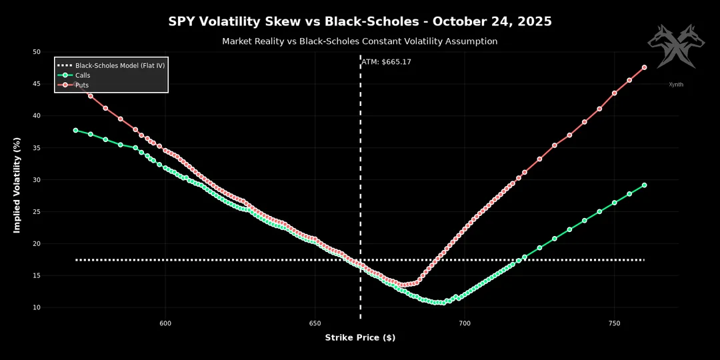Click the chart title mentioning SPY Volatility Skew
[x=360, y=21]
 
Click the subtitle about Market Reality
[x=360, y=41]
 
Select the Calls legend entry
[x=83, y=75]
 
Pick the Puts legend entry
[x=81, y=85]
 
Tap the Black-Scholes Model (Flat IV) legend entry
[x=120, y=65]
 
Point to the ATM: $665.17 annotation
[x=386, y=62]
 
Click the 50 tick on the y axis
[x=36, y=52]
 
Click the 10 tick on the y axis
[x=36, y=307]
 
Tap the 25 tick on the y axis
[x=36, y=211]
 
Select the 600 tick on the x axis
[x=165, y=323]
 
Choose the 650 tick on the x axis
[x=315, y=323]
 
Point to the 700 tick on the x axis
[x=465, y=323]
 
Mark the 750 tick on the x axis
[x=615, y=323]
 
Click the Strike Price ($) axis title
[x=360, y=338]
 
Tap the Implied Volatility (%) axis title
[x=18, y=186]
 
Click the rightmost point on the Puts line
[x=644, y=67]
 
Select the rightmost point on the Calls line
[x=644, y=185]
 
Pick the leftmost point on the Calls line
[x=75, y=130]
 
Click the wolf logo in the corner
[x=675, y=47]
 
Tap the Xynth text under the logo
[x=676, y=85]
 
